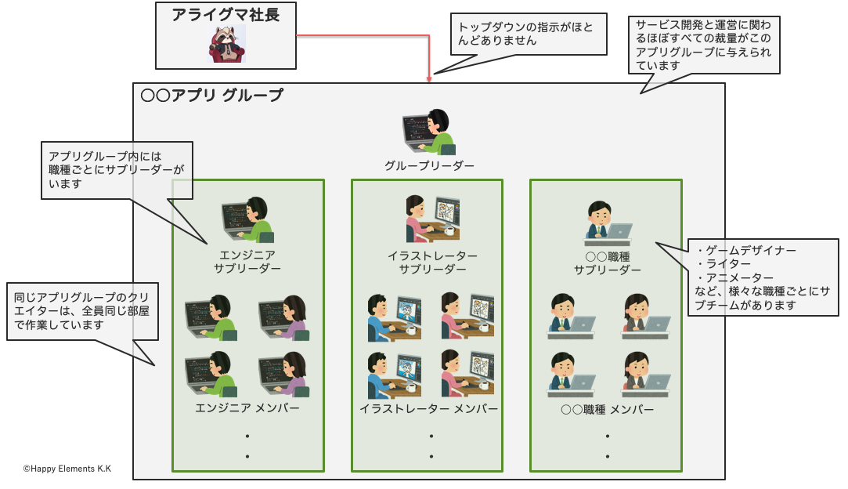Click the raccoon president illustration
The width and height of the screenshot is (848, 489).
pyautogui.click(x=226, y=44)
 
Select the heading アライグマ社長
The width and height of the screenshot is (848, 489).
pyautogui.click(x=226, y=15)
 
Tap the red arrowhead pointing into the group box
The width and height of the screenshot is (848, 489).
pyautogui.click(x=429, y=78)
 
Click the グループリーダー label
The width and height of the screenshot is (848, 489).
pyautogui.click(x=429, y=166)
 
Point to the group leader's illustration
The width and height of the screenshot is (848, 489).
pyautogui.click(x=428, y=131)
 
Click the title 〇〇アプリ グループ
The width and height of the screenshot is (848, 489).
pyautogui.click(x=211, y=96)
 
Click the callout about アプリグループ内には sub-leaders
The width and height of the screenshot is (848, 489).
pyautogui.click(x=116, y=169)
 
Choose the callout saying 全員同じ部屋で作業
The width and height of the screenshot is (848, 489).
pyautogui.click(x=80, y=311)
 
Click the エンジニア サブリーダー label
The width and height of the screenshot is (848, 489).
pyautogui.click(x=247, y=262)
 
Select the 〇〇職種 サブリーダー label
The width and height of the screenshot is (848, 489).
pyautogui.click(x=607, y=263)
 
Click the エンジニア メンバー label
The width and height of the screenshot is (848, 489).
pyautogui.click(x=247, y=408)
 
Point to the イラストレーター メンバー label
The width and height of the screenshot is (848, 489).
pyautogui.click(x=428, y=409)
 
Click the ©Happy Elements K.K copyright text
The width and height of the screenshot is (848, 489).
pyautogui.click(x=67, y=469)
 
